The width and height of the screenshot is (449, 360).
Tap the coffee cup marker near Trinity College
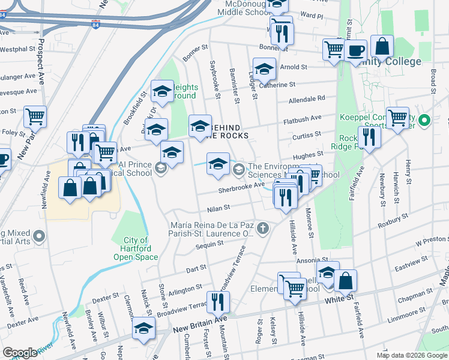coord(355,50)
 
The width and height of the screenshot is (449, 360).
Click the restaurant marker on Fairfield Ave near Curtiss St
coord(369,138)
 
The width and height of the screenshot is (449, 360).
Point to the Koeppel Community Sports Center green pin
coord(424,121)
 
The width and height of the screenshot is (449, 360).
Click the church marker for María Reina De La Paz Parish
coord(262,228)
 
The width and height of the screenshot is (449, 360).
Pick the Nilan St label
coord(218,208)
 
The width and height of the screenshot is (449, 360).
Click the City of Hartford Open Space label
coord(136,248)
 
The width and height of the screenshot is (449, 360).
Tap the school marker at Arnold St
coord(264,70)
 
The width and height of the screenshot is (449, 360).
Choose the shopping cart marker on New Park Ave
coord(35,116)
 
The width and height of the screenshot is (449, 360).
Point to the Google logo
coord(20,353)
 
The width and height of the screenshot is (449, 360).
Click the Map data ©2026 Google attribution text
coord(411,355)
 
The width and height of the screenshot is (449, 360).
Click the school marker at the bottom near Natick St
coord(143,329)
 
